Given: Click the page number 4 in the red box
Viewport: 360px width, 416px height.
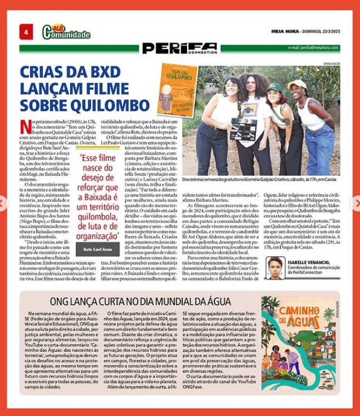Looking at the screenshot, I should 26,32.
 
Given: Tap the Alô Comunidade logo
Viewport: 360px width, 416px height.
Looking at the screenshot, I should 66,32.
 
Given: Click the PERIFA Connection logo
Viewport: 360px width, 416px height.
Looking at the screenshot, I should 179,49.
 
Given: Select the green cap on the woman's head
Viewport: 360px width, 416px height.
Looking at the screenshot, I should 274,88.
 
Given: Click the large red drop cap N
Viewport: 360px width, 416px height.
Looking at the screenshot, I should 25,127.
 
